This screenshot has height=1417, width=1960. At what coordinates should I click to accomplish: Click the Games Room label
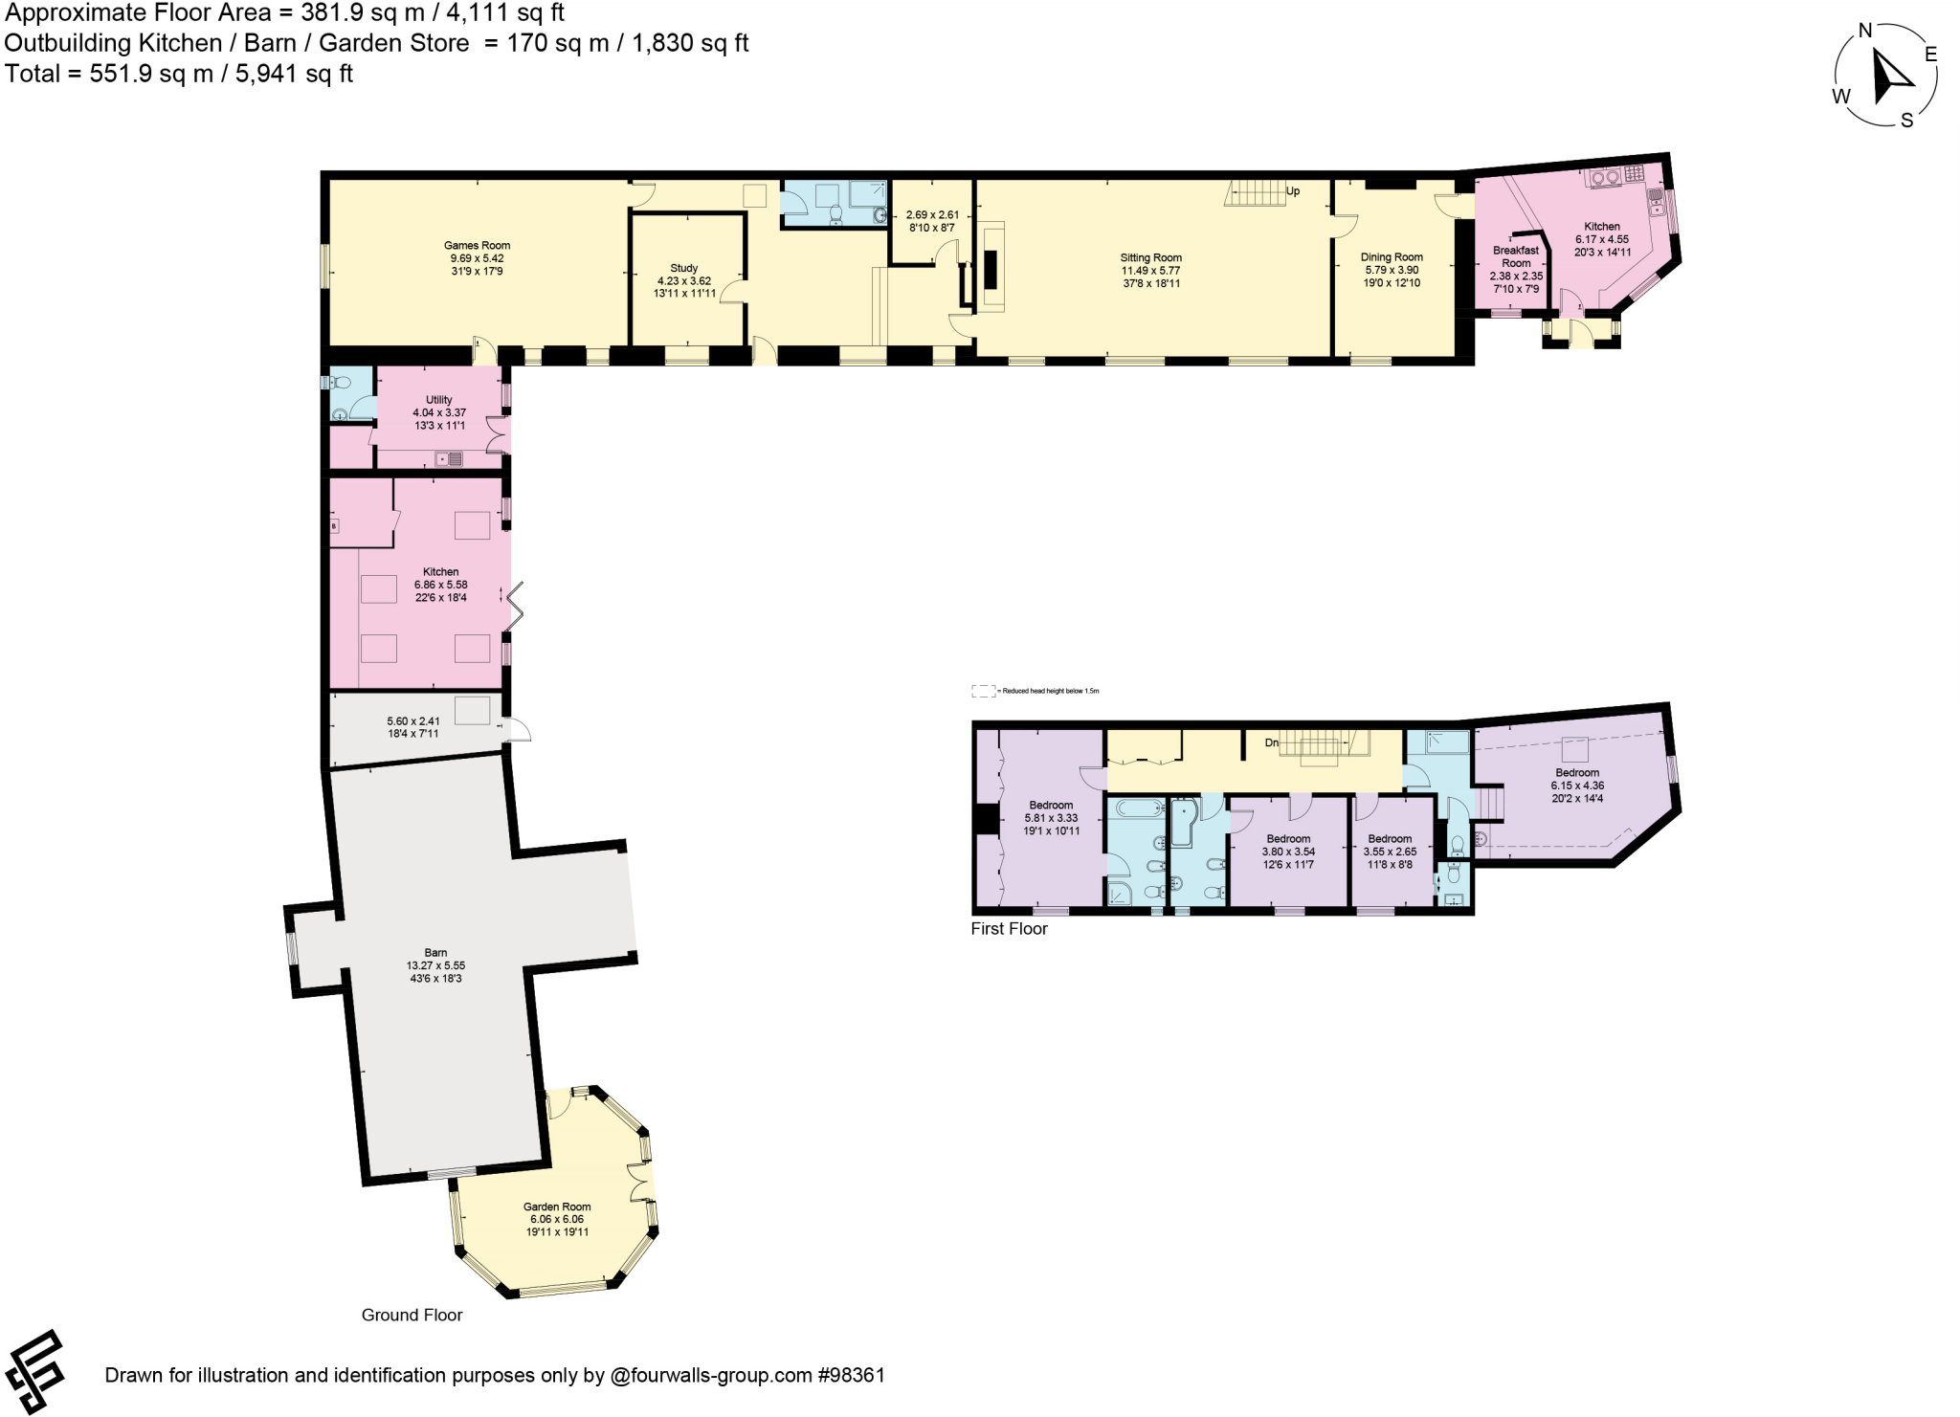point(477,246)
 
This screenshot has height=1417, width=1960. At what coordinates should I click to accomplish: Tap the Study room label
point(683,269)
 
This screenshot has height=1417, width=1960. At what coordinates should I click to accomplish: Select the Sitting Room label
point(1150,258)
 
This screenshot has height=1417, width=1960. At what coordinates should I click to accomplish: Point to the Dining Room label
point(1392,257)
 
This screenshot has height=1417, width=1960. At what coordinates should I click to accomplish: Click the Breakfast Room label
point(1516,256)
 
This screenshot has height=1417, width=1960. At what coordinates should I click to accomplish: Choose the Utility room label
point(438,400)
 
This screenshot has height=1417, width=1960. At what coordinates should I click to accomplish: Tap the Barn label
point(435,953)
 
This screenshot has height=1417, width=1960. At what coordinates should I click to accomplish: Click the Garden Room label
point(557,1207)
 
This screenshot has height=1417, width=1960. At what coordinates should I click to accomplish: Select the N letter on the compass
point(1864,31)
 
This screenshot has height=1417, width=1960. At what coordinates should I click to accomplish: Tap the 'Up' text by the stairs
point(1293,191)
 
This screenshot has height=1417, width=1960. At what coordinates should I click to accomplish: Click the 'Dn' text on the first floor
point(1271,742)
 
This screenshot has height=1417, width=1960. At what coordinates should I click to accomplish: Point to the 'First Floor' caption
point(1009,928)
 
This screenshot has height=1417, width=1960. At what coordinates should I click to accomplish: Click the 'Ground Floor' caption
point(412,1315)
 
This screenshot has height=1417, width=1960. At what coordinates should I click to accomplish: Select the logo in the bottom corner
point(34,1371)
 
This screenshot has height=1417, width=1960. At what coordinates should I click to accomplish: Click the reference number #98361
point(851,1375)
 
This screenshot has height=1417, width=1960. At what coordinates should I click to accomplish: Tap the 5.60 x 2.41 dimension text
point(413,721)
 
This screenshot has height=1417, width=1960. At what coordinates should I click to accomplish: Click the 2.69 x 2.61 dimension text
point(932,215)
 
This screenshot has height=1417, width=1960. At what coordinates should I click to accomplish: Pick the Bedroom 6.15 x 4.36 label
point(1577,773)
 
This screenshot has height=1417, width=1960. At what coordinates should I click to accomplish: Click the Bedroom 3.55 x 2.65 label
point(1390,839)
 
